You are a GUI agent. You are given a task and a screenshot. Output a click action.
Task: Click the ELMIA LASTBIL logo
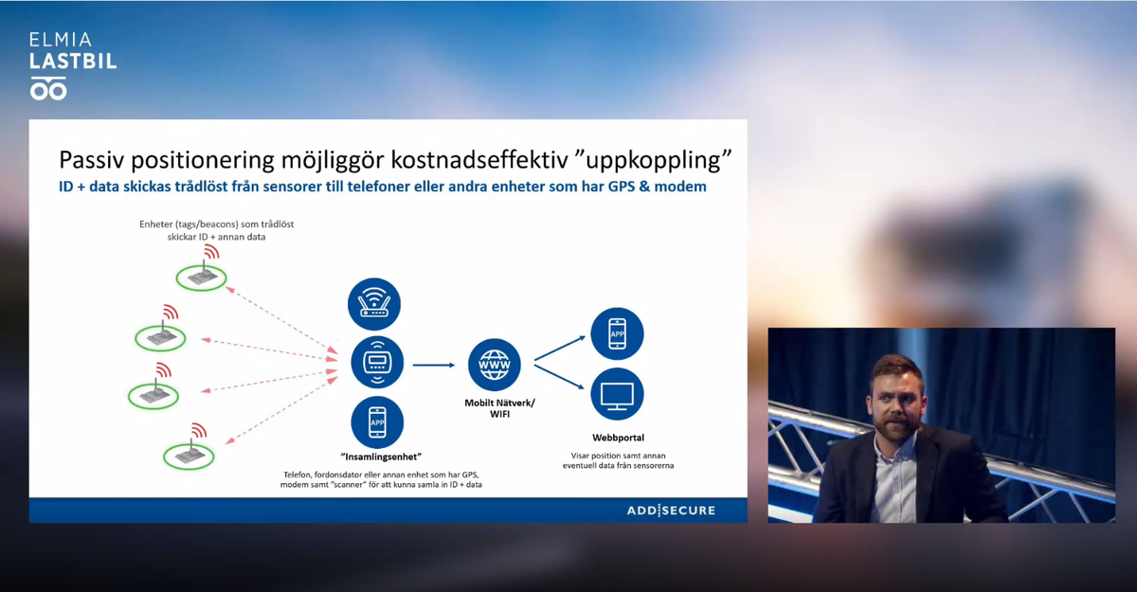tap(73, 66)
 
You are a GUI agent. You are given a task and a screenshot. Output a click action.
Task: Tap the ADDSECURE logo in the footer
tap(671, 511)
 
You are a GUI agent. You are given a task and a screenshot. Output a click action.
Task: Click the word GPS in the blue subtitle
tap(622, 187)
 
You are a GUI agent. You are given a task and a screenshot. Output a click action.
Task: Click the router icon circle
tap(374, 304)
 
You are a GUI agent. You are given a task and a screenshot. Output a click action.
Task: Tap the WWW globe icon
tap(495, 365)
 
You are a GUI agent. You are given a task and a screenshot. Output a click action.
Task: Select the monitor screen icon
tap(617, 394)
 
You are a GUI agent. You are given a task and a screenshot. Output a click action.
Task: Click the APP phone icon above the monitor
tap(617, 333)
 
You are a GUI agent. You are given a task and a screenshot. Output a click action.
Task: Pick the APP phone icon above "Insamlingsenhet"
tap(377, 422)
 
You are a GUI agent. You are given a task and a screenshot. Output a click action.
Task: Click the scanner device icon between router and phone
tap(377, 362)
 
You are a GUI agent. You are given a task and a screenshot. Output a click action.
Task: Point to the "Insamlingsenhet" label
tap(381, 457)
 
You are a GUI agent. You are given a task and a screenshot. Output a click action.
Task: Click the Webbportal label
tap(618, 438)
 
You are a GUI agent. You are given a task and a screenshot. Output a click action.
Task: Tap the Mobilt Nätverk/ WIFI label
tap(500, 408)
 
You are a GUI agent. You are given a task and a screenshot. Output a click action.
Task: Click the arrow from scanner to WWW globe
tap(434, 365)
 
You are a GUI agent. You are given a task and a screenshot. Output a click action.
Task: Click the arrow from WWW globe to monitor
tap(559, 377)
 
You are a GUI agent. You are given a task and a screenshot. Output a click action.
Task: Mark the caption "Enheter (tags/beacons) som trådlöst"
tap(217, 224)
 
